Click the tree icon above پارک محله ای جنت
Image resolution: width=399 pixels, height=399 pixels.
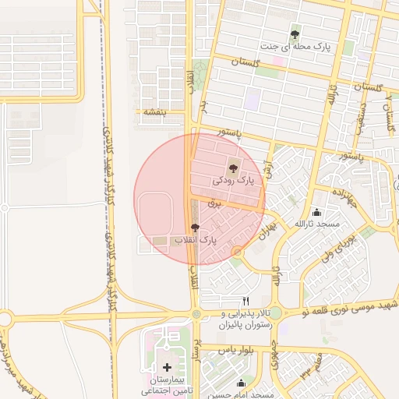point(295,34)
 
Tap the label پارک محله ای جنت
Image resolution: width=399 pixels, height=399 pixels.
point(295,48)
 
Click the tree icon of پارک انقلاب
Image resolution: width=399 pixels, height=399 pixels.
point(194,228)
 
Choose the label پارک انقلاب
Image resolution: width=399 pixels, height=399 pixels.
point(194,242)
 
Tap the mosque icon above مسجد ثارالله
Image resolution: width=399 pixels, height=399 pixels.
point(316,212)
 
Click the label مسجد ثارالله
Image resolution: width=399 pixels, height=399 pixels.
point(317,224)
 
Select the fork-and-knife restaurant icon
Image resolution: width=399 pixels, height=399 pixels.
point(247,301)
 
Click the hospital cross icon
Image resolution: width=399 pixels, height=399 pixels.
point(168,366)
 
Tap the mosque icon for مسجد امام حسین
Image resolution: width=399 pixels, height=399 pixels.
point(240,383)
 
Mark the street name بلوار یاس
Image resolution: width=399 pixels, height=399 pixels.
point(217,350)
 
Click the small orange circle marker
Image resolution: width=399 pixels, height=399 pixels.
point(237,251)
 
